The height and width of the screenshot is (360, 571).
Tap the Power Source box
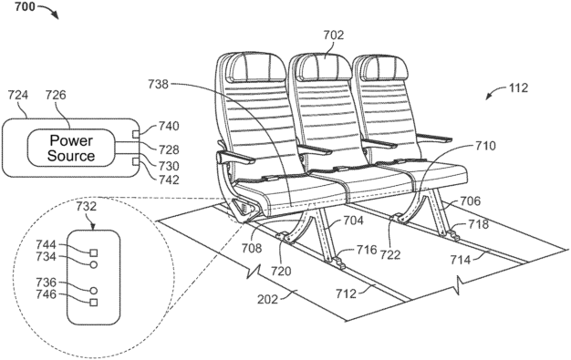tap(72, 148)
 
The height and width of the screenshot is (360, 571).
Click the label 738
tap(157, 83)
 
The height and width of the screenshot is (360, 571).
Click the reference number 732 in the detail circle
tap(88, 209)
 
